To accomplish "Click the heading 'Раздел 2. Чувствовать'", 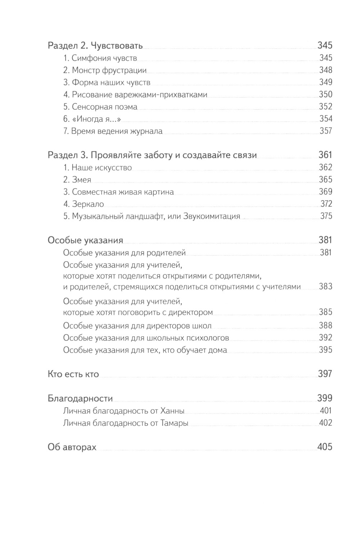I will click(x=95, y=46).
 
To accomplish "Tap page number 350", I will click(x=325, y=95).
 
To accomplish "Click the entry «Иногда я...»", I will click(x=92, y=119).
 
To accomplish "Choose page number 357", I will click(x=326, y=131).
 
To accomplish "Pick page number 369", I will click(x=325, y=192).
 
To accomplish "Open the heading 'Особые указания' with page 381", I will click(x=85, y=240).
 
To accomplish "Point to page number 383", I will click(x=325, y=287).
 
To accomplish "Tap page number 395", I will click(x=325, y=350).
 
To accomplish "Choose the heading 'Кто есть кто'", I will click(x=73, y=374).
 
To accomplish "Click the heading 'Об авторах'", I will click(x=72, y=447).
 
